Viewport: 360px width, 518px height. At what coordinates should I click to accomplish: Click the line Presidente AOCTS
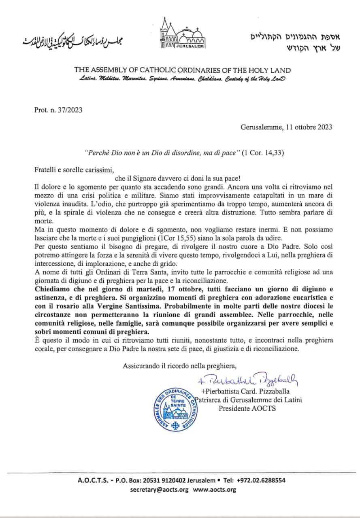[x=247, y=408]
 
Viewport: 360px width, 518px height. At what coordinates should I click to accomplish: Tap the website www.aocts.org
[x=215, y=490]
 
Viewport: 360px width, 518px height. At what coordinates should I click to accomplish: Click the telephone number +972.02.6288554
[x=263, y=481]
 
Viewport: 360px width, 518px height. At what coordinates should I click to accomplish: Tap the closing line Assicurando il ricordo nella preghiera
[x=180, y=366]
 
